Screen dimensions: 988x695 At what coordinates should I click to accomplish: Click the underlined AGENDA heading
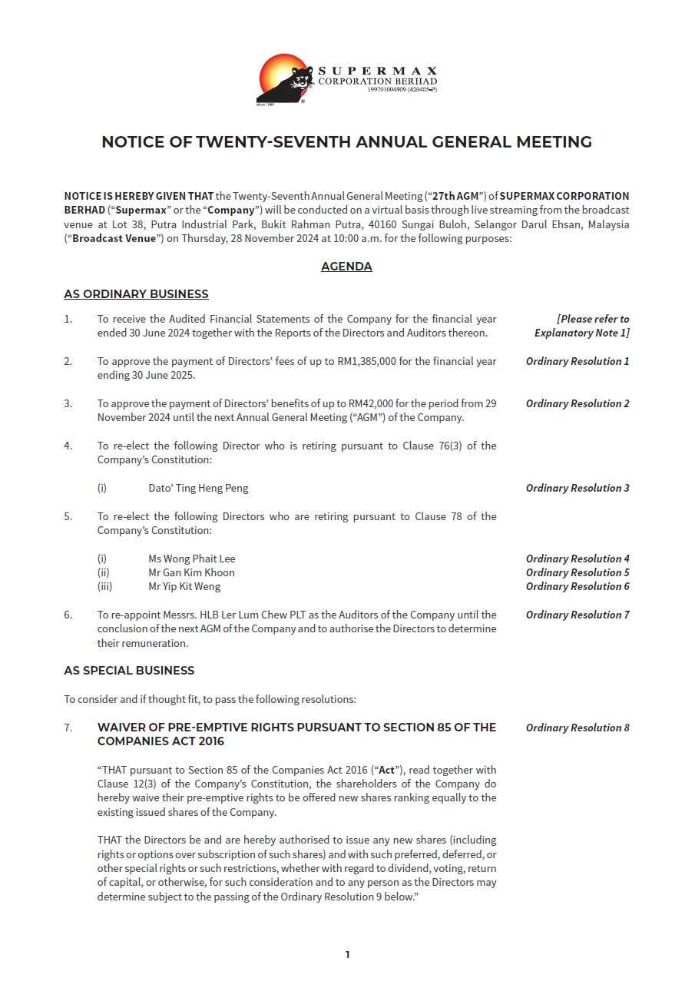tap(346, 267)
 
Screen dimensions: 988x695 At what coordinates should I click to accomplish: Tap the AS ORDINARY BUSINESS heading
tap(136, 294)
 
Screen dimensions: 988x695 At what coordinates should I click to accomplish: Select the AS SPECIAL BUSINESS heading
tap(129, 671)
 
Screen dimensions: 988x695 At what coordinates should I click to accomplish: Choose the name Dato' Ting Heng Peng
tap(198, 488)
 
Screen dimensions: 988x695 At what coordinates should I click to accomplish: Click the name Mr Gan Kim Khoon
tap(191, 572)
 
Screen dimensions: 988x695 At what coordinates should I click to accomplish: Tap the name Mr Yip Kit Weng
tap(184, 586)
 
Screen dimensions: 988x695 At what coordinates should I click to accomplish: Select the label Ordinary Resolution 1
tap(578, 361)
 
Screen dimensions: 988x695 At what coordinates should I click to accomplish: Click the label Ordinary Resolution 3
tap(578, 488)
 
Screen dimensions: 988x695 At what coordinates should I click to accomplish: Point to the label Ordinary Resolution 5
tap(578, 572)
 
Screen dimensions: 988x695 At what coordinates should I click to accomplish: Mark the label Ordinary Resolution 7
tap(578, 615)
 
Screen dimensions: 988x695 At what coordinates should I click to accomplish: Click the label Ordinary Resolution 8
tap(578, 728)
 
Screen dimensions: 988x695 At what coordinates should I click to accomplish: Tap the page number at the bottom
tap(347, 955)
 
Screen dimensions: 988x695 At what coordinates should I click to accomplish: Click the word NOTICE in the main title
tap(131, 142)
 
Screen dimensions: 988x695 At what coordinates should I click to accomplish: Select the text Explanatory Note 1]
tap(582, 333)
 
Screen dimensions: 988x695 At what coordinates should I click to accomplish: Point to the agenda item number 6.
tap(68, 615)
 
